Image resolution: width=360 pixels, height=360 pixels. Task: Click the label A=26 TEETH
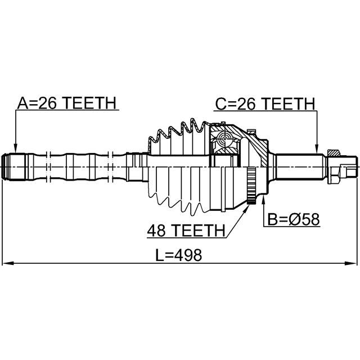pos(66,103)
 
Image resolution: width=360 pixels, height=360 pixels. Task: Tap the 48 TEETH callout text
pos(185,230)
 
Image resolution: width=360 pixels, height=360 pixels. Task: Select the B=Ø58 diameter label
pos(292,219)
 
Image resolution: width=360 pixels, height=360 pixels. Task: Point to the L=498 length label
pos(178,255)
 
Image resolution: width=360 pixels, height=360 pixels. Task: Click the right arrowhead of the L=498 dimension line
pos(353,263)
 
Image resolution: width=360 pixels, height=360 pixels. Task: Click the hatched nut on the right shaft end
pos(333,153)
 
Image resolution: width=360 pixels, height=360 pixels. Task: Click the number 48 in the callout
pos(156,230)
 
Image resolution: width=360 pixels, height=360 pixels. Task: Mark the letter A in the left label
pos(23,103)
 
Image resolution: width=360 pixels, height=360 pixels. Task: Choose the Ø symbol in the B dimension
pos(295,219)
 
